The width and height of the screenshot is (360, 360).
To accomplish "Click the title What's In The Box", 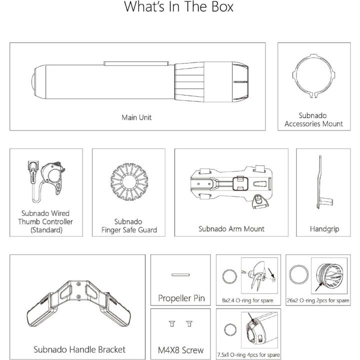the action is (x=178, y=6).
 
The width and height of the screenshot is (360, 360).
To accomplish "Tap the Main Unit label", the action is (x=136, y=117).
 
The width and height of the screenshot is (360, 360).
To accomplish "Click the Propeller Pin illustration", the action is (x=180, y=275).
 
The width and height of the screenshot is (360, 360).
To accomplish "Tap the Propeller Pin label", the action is (x=181, y=298).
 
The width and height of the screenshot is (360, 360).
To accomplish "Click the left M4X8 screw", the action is (x=172, y=323).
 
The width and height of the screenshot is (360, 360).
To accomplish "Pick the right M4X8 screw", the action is (x=189, y=323).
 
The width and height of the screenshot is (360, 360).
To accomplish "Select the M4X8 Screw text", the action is (x=180, y=350).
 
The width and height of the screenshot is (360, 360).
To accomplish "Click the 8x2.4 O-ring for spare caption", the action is (x=247, y=300).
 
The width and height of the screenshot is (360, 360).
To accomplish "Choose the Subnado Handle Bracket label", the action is (x=79, y=349).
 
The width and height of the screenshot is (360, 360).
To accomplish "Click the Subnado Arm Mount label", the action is (x=231, y=228).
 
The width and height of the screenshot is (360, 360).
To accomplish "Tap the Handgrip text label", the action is (x=324, y=229).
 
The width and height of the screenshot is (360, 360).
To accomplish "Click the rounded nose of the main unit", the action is (x=33, y=81).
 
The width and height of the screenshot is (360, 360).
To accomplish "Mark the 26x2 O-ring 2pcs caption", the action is (x=318, y=300).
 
